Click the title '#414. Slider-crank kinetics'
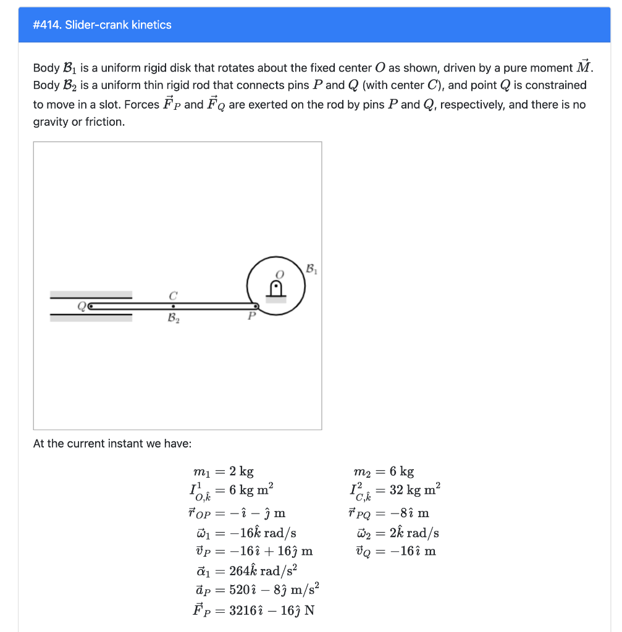click(x=102, y=25)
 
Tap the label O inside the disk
click(x=279, y=273)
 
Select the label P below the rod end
click(x=251, y=317)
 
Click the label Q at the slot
click(x=81, y=305)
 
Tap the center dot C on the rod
click(x=174, y=305)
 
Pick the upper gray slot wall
click(x=91, y=294)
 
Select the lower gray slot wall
click(x=91, y=317)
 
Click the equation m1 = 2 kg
click(x=223, y=472)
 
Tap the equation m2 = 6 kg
click(x=382, y=472)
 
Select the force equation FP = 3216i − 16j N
click(x=254, y=610)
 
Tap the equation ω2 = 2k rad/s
click(x=393, y=533)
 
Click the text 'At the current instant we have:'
click(x=112, y=444)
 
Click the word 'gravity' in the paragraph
click(x=51, y=122)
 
